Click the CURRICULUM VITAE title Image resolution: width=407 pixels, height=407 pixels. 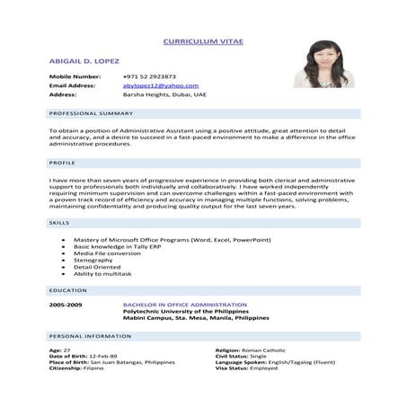pyautogui.click(x=203, y=41)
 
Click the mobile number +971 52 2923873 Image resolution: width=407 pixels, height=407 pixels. pyautogui.click(x=149, y=76)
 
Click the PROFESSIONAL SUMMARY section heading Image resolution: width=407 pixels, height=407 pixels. pyautogui.click(x=91, y=113)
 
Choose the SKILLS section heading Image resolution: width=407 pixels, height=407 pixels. pyautogui.click(x=60, y=221)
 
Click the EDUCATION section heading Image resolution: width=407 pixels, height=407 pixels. pyautogui.click(x=68, y=290)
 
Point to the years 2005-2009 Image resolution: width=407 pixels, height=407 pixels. pyautogui.click(x=66, y=305)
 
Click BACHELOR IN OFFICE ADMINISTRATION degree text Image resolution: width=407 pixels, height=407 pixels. pyautogui.click(x=184, y=305)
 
